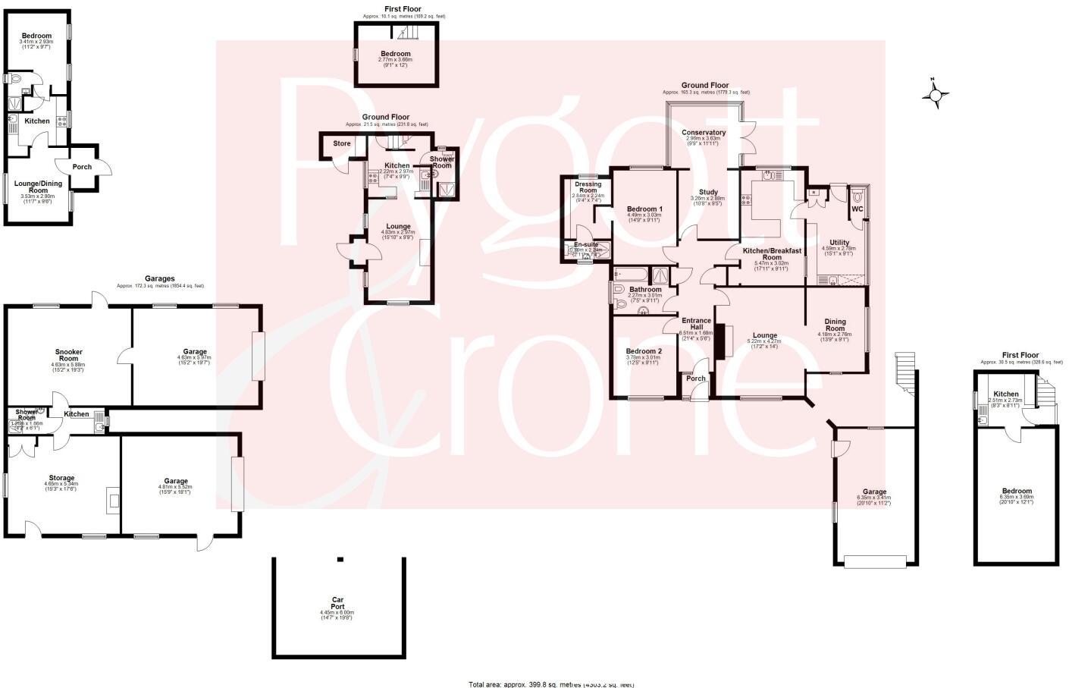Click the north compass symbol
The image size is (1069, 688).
[936, 94]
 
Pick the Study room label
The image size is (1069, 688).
[708, 193]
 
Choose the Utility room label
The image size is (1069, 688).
[839, 243]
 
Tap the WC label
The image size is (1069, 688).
[857, 209]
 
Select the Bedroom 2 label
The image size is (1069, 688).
[644, 351]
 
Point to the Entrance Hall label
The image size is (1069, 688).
[695, 323]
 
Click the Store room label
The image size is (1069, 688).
[342, 143]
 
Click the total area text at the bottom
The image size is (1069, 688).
[551, 684]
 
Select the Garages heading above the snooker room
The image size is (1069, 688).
[160, 279]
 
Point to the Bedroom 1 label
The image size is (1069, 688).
[644, 209]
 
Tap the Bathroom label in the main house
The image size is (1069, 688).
[645, 290]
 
